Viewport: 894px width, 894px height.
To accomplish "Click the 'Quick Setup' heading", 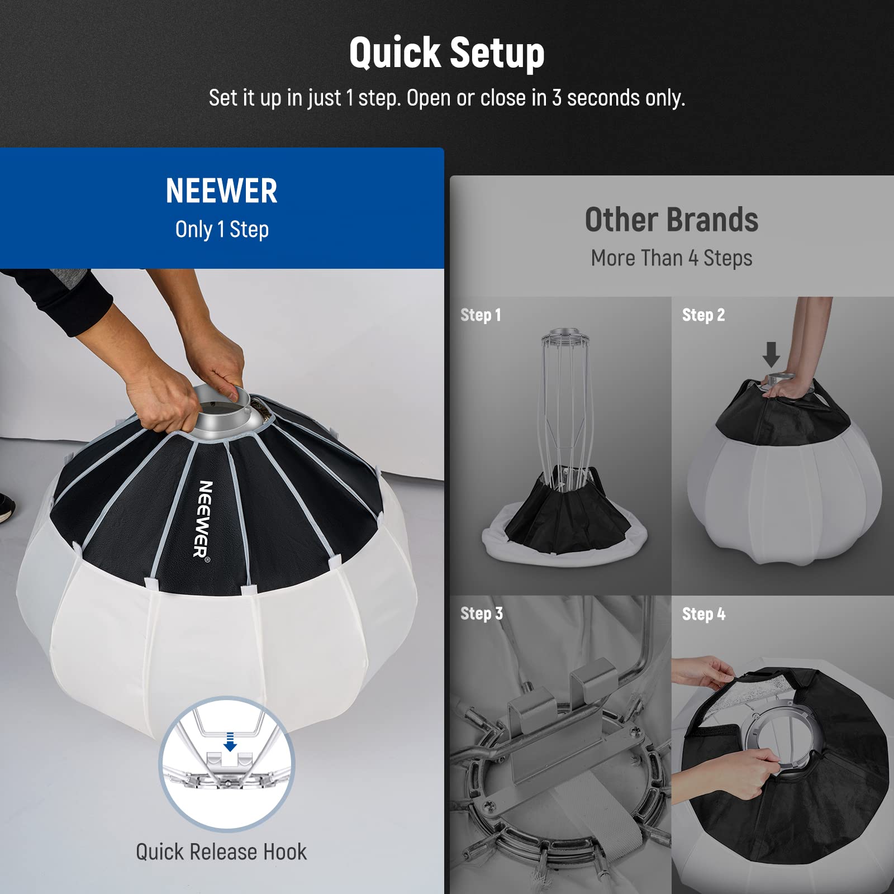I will point(446,53).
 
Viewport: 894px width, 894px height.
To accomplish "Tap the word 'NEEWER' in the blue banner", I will point(221,191).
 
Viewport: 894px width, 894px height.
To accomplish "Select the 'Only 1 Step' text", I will point(222,229).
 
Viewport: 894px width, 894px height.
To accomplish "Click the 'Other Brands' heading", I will point(671,220).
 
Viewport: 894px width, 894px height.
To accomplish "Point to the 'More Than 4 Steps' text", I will point(671,258).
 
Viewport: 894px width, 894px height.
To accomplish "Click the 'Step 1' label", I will point(481,315).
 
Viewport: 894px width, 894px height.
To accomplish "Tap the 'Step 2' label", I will point(703,315).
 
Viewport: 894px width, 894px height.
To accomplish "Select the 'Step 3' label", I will point(481,614).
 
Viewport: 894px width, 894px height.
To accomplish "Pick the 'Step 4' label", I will point(703,614).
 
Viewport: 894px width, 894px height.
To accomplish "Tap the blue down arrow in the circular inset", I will point(230,744).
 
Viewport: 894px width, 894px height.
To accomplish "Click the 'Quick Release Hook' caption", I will point(221,852).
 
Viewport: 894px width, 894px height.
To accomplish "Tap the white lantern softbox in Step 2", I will point(782,492).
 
